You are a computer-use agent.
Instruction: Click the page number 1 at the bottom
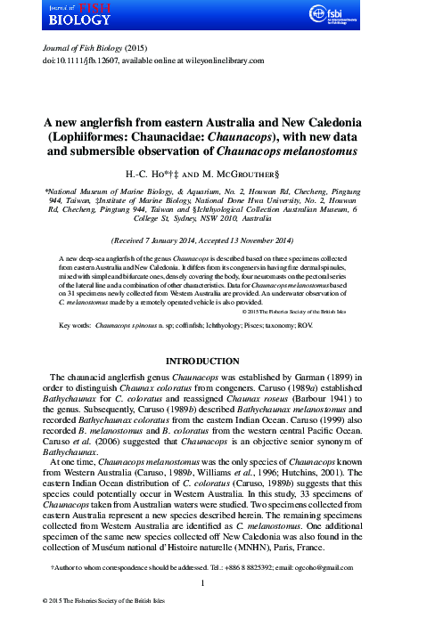coord(217,583)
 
